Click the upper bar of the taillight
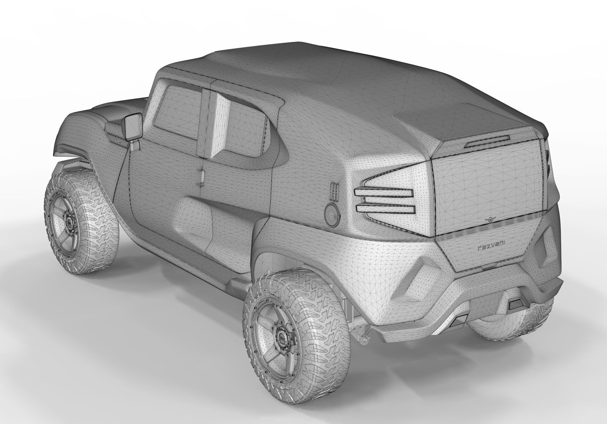[x=384, y=192]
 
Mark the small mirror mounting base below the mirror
[x=135, y=145]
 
